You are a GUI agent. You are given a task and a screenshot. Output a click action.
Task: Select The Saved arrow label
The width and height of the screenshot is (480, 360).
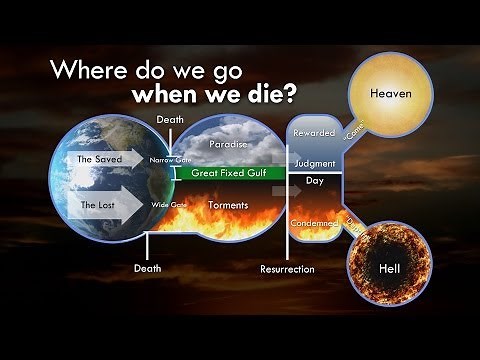pyautogui.click(x=99, y=159)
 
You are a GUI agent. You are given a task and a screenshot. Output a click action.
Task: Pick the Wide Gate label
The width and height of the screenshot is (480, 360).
pyautogui.click(x=169, y=205)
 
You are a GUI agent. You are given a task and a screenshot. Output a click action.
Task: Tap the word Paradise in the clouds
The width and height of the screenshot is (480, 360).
pyautogui.click(x=229, y=144)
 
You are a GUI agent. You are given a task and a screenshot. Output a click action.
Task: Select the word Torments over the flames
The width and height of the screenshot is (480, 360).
pyautogui.click(x=228, y=205)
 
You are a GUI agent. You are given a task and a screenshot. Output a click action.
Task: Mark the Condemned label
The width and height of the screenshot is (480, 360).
pyautogui.click(x=315, y=223)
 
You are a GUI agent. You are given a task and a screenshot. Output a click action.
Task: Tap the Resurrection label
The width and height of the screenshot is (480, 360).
pyautogui.click(x=287, y=269)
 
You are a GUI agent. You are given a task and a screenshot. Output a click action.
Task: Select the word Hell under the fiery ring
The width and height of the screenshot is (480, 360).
pyautogui.click(x=390, y=270)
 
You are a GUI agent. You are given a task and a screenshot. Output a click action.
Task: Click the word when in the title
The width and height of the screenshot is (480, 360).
pyautogui.click(x=163, y=97)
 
